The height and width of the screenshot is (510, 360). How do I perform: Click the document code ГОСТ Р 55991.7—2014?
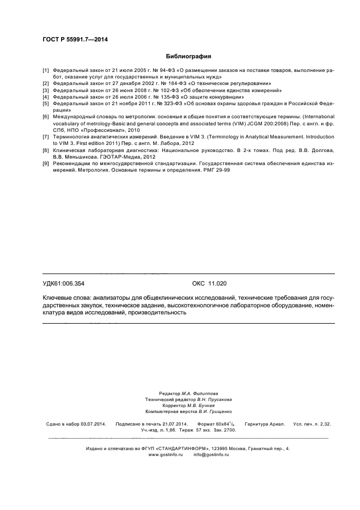75,39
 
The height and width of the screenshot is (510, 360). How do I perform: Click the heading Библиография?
188,56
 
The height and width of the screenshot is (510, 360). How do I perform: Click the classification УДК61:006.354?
64,283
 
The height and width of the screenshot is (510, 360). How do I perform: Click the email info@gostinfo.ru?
211,454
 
